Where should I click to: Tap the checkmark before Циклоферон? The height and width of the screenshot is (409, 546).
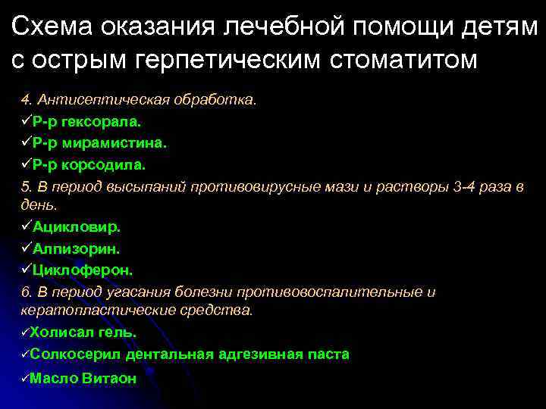pyautogui.click(x=26, y=269)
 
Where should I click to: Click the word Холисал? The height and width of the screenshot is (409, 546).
pyautogui.click(x=60, y=333)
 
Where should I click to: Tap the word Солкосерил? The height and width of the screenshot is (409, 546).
pyautogui.click(x=75, y=354)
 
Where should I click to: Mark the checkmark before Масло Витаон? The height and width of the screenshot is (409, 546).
pyautogui.click(x=24, y=378)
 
